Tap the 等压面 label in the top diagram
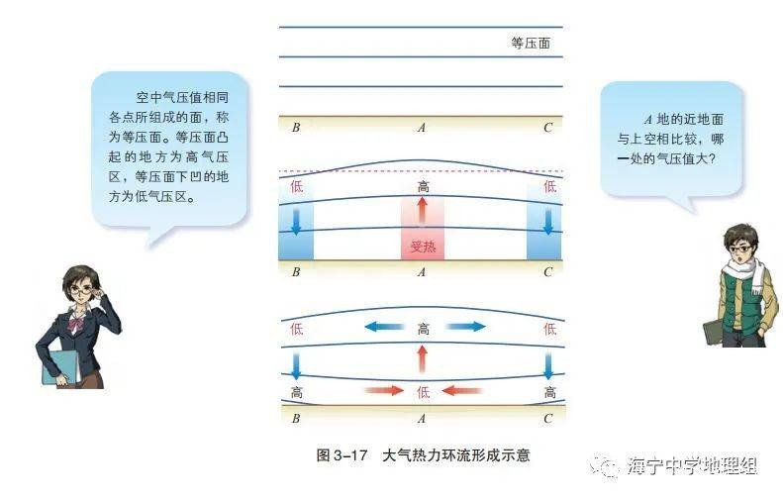(x=531, y=44)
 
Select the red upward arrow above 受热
(x=423, y=211)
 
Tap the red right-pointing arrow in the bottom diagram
(x=384, y=391)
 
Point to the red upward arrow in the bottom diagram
(x=423, y=358)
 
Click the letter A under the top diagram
(x=422, y=127)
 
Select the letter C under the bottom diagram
(x=548, y=419)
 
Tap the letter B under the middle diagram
(x=296, y=270)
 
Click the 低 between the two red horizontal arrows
(x=423, y=391)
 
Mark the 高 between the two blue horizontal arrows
(x=423, y=328)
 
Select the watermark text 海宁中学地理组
(x=692, y=466)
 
